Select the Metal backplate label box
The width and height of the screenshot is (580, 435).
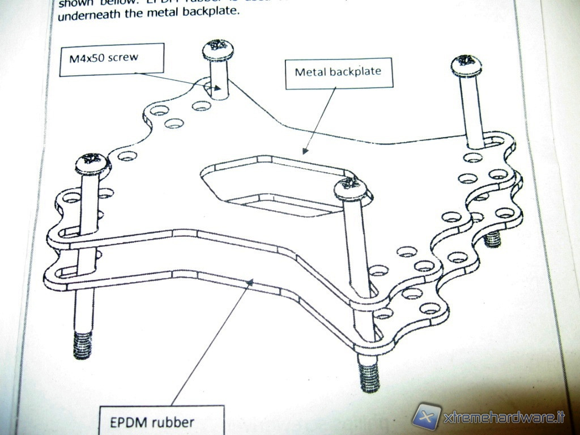pos(338,72)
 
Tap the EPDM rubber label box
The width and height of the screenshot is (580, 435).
pos(161,421)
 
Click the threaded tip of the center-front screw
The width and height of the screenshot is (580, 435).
pos(368,376)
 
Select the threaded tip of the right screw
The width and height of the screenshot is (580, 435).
pos(493,238)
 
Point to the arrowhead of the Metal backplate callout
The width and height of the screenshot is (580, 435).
pos(305,151)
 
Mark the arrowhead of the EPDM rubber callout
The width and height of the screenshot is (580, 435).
pos(250,280)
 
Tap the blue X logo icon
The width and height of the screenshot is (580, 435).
pos(427,416)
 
